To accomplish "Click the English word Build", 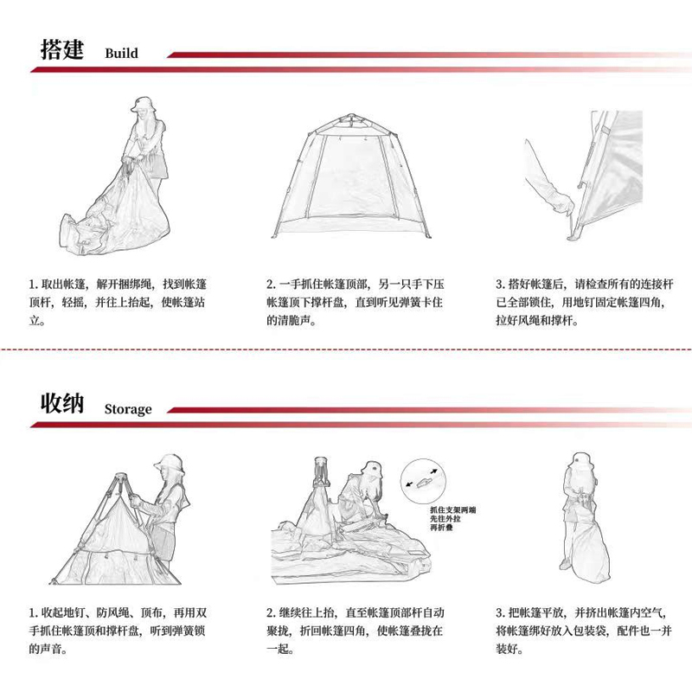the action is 121,53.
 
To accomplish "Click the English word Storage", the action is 128,409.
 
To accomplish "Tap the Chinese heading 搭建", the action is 62,49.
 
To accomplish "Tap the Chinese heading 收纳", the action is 62,403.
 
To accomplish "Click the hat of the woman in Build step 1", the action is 142,104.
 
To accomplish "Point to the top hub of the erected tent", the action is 351,117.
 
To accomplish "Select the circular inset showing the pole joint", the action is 423,481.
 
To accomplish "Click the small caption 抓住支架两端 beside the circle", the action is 452,510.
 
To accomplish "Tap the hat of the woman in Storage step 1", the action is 170,464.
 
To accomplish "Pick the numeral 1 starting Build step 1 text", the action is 32,285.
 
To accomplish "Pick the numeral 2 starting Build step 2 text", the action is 270,285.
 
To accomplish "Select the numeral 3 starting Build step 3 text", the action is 500,285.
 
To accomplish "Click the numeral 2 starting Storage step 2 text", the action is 270,612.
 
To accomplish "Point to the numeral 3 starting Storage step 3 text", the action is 500,612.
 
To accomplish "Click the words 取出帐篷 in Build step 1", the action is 62,285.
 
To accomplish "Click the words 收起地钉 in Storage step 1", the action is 62,612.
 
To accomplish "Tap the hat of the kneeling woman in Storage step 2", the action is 371,470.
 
